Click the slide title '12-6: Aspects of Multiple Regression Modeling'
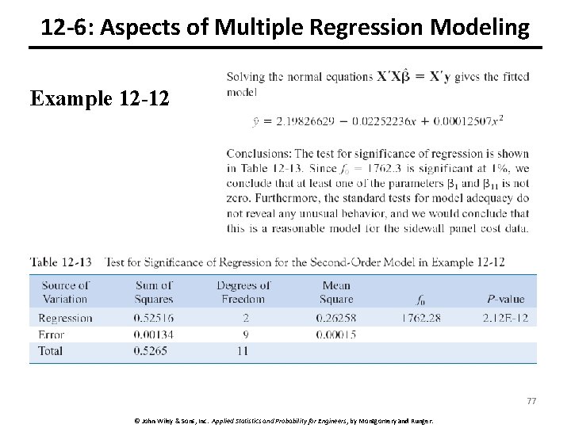(285, 29)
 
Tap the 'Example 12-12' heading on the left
(101, 98)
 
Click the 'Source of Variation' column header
(66, 292)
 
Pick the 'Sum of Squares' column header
(154, 292)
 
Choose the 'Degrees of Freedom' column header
(243, 292)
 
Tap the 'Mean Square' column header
(336, 292)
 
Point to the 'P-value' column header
(505, 299)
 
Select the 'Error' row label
(52, 334)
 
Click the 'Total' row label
(52, 351)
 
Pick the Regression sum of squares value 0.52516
(155, 318)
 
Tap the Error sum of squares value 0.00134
(155, 334)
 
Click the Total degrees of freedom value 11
(244, 351)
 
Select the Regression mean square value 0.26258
(337, 318)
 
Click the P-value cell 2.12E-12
(504, 318)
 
